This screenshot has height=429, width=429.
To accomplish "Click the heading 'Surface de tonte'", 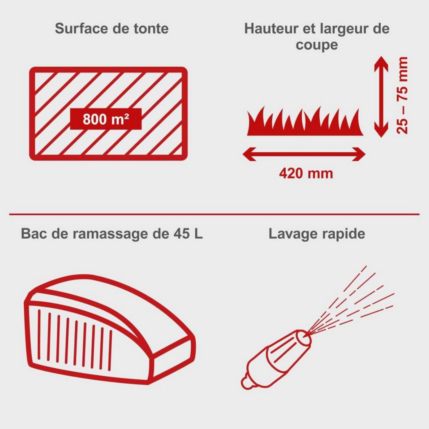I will (x=112, y=29).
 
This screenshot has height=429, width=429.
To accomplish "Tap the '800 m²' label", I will (x=106, y=119).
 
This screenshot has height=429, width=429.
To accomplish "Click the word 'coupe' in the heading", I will (x=317, y=45).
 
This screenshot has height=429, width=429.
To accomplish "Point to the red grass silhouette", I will (x=305, y=123).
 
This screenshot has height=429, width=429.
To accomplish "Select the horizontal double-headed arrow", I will (x=304, y=154).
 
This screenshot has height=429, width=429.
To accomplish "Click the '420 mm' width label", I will (x=306, y=173).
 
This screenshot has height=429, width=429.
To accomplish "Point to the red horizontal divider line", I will (x=214, y=214).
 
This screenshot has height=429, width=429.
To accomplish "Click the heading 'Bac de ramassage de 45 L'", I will (x=112, y=234).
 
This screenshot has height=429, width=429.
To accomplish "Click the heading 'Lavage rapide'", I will (x=317, y=234).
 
